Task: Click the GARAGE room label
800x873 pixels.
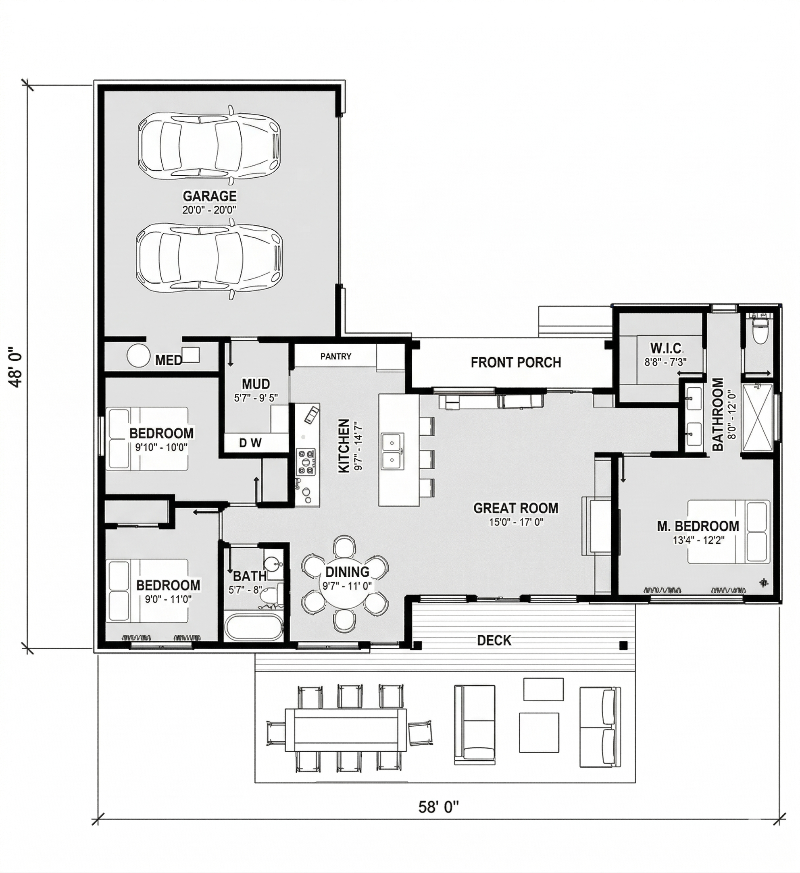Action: pos(210,196)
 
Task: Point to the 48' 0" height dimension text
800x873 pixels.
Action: pos(17,366)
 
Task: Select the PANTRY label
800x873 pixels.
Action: pos(335,356)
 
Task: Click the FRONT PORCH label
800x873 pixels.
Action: pos(516,362)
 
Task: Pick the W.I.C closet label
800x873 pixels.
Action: pos(666,348)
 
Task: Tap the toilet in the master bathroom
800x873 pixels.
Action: pos(760,330)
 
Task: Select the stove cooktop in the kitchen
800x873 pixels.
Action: pos(306,462)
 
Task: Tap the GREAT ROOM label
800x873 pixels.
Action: pos(516,508)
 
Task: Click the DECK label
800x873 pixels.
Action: pos(494,640)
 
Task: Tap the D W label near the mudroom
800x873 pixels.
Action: pos(250,443)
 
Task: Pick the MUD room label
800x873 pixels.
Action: pos(256,384)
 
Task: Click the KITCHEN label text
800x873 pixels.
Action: pos(344,446)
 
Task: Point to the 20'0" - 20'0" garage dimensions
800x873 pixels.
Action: pos(210,210)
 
